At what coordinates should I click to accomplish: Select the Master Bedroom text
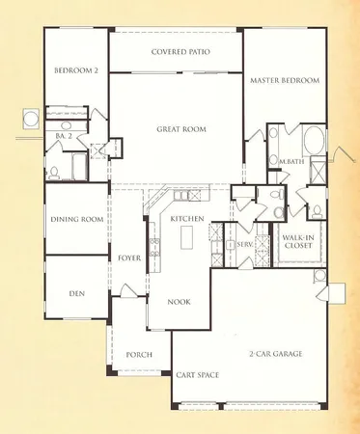click(285, 80)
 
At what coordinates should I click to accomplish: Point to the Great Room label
click(176, 127)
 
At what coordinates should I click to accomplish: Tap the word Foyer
click(129, 258)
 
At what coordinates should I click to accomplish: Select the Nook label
click(179, 302)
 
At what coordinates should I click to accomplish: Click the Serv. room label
click(244, 246)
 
